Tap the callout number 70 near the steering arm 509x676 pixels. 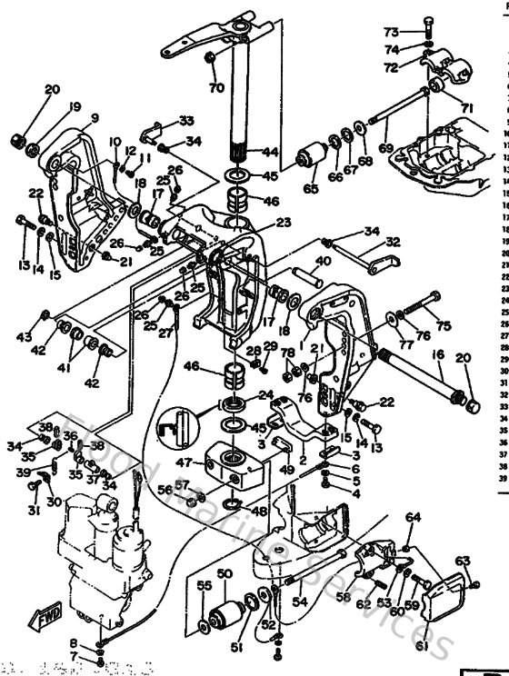215,88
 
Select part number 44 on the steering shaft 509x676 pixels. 270,152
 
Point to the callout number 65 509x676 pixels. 312,189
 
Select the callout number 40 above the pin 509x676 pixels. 322,261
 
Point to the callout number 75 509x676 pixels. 443,326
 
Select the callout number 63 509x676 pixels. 463,561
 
